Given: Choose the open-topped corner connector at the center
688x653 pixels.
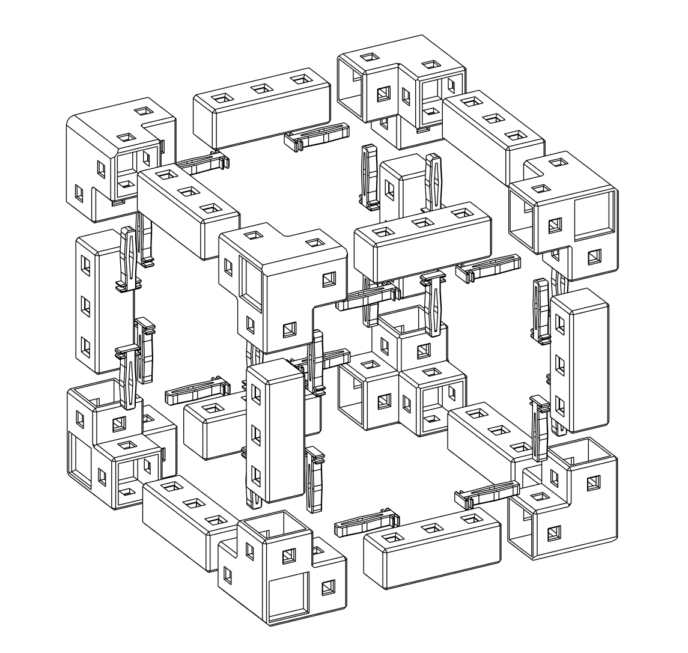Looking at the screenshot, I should pyautogui.click(x=403, y=372).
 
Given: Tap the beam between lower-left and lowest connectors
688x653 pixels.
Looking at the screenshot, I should pyautogui.click(x=186, y=517).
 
